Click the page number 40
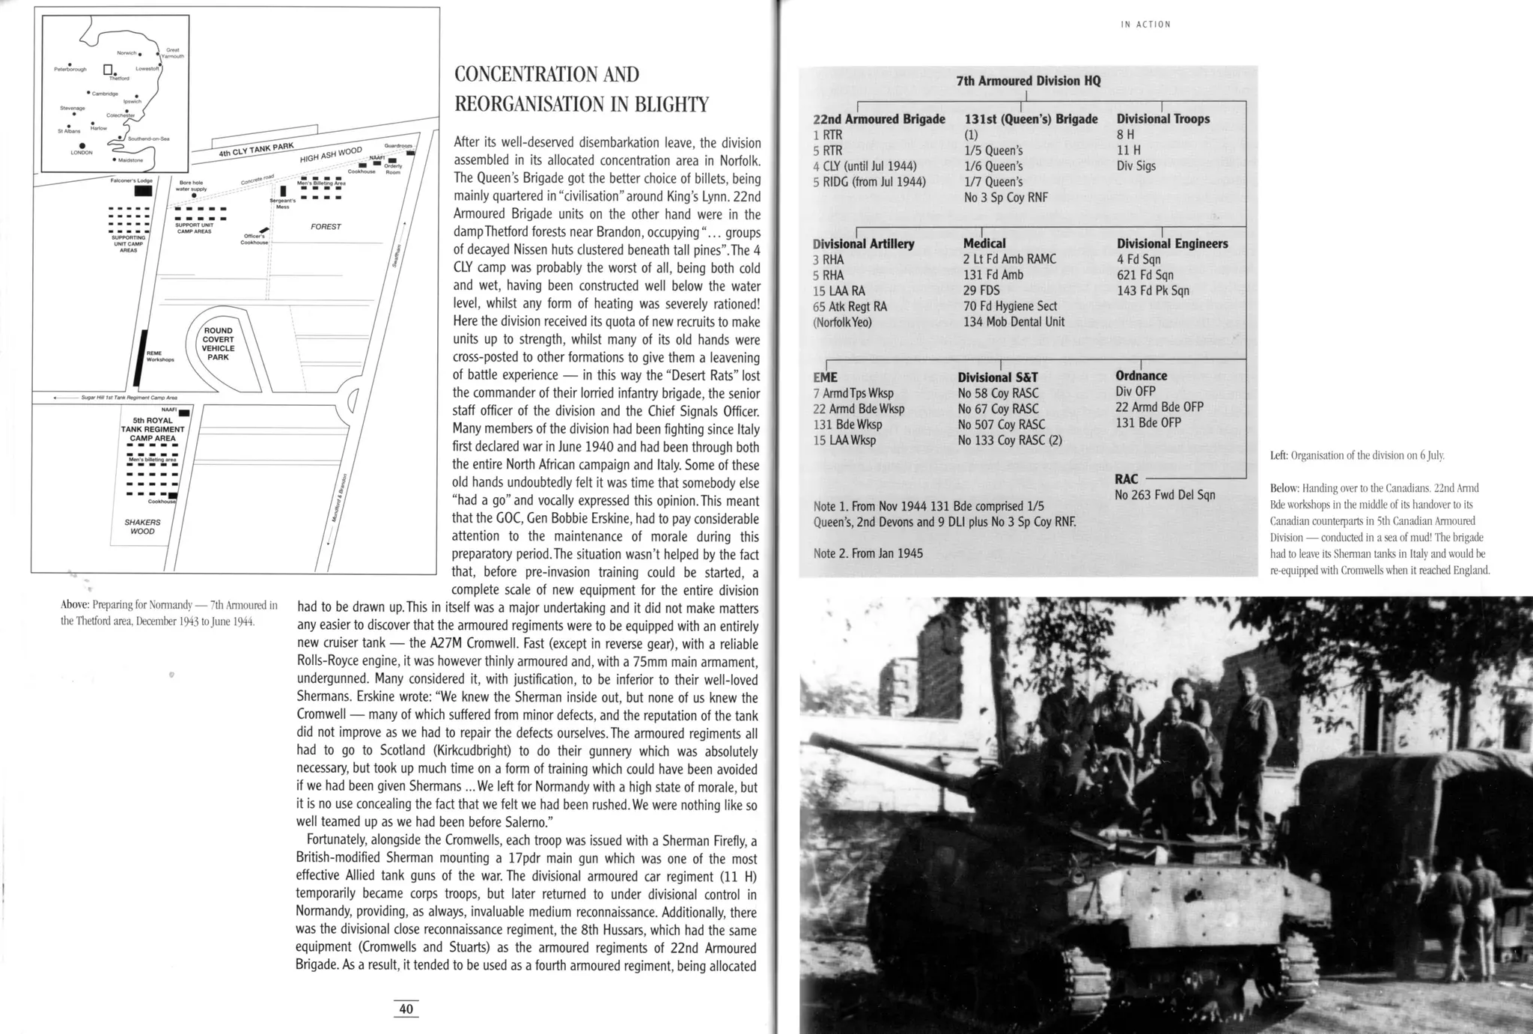pyautogui.click(x=406, y=1009)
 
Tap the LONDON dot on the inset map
pyautogui.click(x=82, y=145)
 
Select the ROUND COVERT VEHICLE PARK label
pyautogui.click(x=218, y=344)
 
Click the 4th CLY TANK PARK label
pyautogui.click(x=256, y=150)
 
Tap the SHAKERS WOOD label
pyautogui.click(x=142, y=526)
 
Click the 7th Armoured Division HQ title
pyautogui.click(x=1028, y=81)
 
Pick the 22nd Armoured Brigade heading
pyautogui.click(x=879, y=119)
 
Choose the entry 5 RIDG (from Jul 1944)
pyautogui.click(x=869, y=182)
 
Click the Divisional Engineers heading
pyautogui.click(x=1172, y=243)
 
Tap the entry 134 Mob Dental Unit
pyautogui.click(x=1014, y=322)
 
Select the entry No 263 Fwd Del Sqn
pyautogui.click(x=1165, y=495)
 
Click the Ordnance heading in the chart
pyautogui.click(x=1141, y=376)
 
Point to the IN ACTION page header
pyautogui.click(x=1145, y=25)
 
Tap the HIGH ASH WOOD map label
pyautogui.click(x=331, y=155)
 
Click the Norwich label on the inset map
pyautogui.click(x=127, y=53)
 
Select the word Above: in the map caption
pyautogui.click(x=75, y=605)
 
